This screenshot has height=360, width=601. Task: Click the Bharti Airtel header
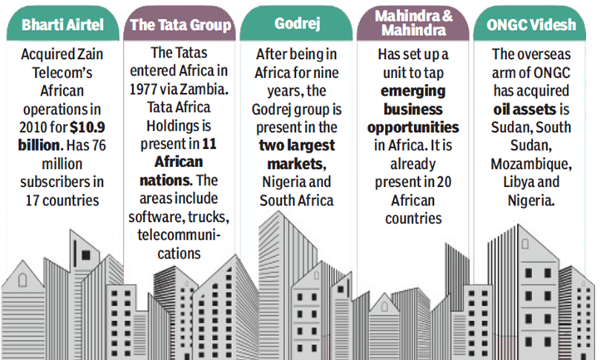[62, 25]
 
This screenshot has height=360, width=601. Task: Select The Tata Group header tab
[180, 25]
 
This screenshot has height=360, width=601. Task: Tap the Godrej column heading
[297, 24]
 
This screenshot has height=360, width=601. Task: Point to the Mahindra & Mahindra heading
[413, 23]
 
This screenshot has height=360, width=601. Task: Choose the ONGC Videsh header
[531, 25]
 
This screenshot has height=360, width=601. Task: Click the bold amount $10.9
[87, 127]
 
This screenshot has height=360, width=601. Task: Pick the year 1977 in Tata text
[143, 89]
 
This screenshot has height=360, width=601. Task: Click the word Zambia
[204, 89]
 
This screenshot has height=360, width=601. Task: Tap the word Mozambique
[531, 164]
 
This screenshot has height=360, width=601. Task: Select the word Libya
[516, 182]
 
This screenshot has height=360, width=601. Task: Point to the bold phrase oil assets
[525, 110]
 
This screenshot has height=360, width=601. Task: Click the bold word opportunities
[413, 128]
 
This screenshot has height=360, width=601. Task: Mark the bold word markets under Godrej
[295, 164]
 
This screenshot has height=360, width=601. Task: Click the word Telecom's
[62, 73]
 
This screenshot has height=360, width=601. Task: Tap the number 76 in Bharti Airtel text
[99, 145]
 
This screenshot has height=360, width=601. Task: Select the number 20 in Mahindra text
[444, 182]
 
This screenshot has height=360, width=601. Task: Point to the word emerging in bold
[413, 91]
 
